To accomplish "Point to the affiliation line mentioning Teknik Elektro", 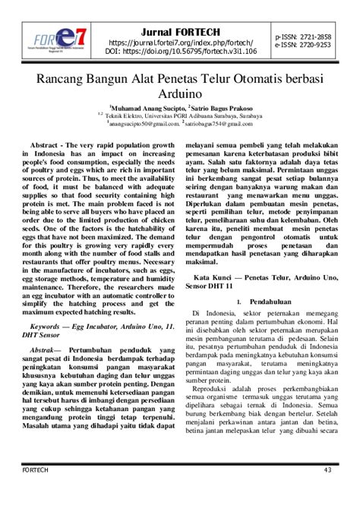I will tap(179, 115).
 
